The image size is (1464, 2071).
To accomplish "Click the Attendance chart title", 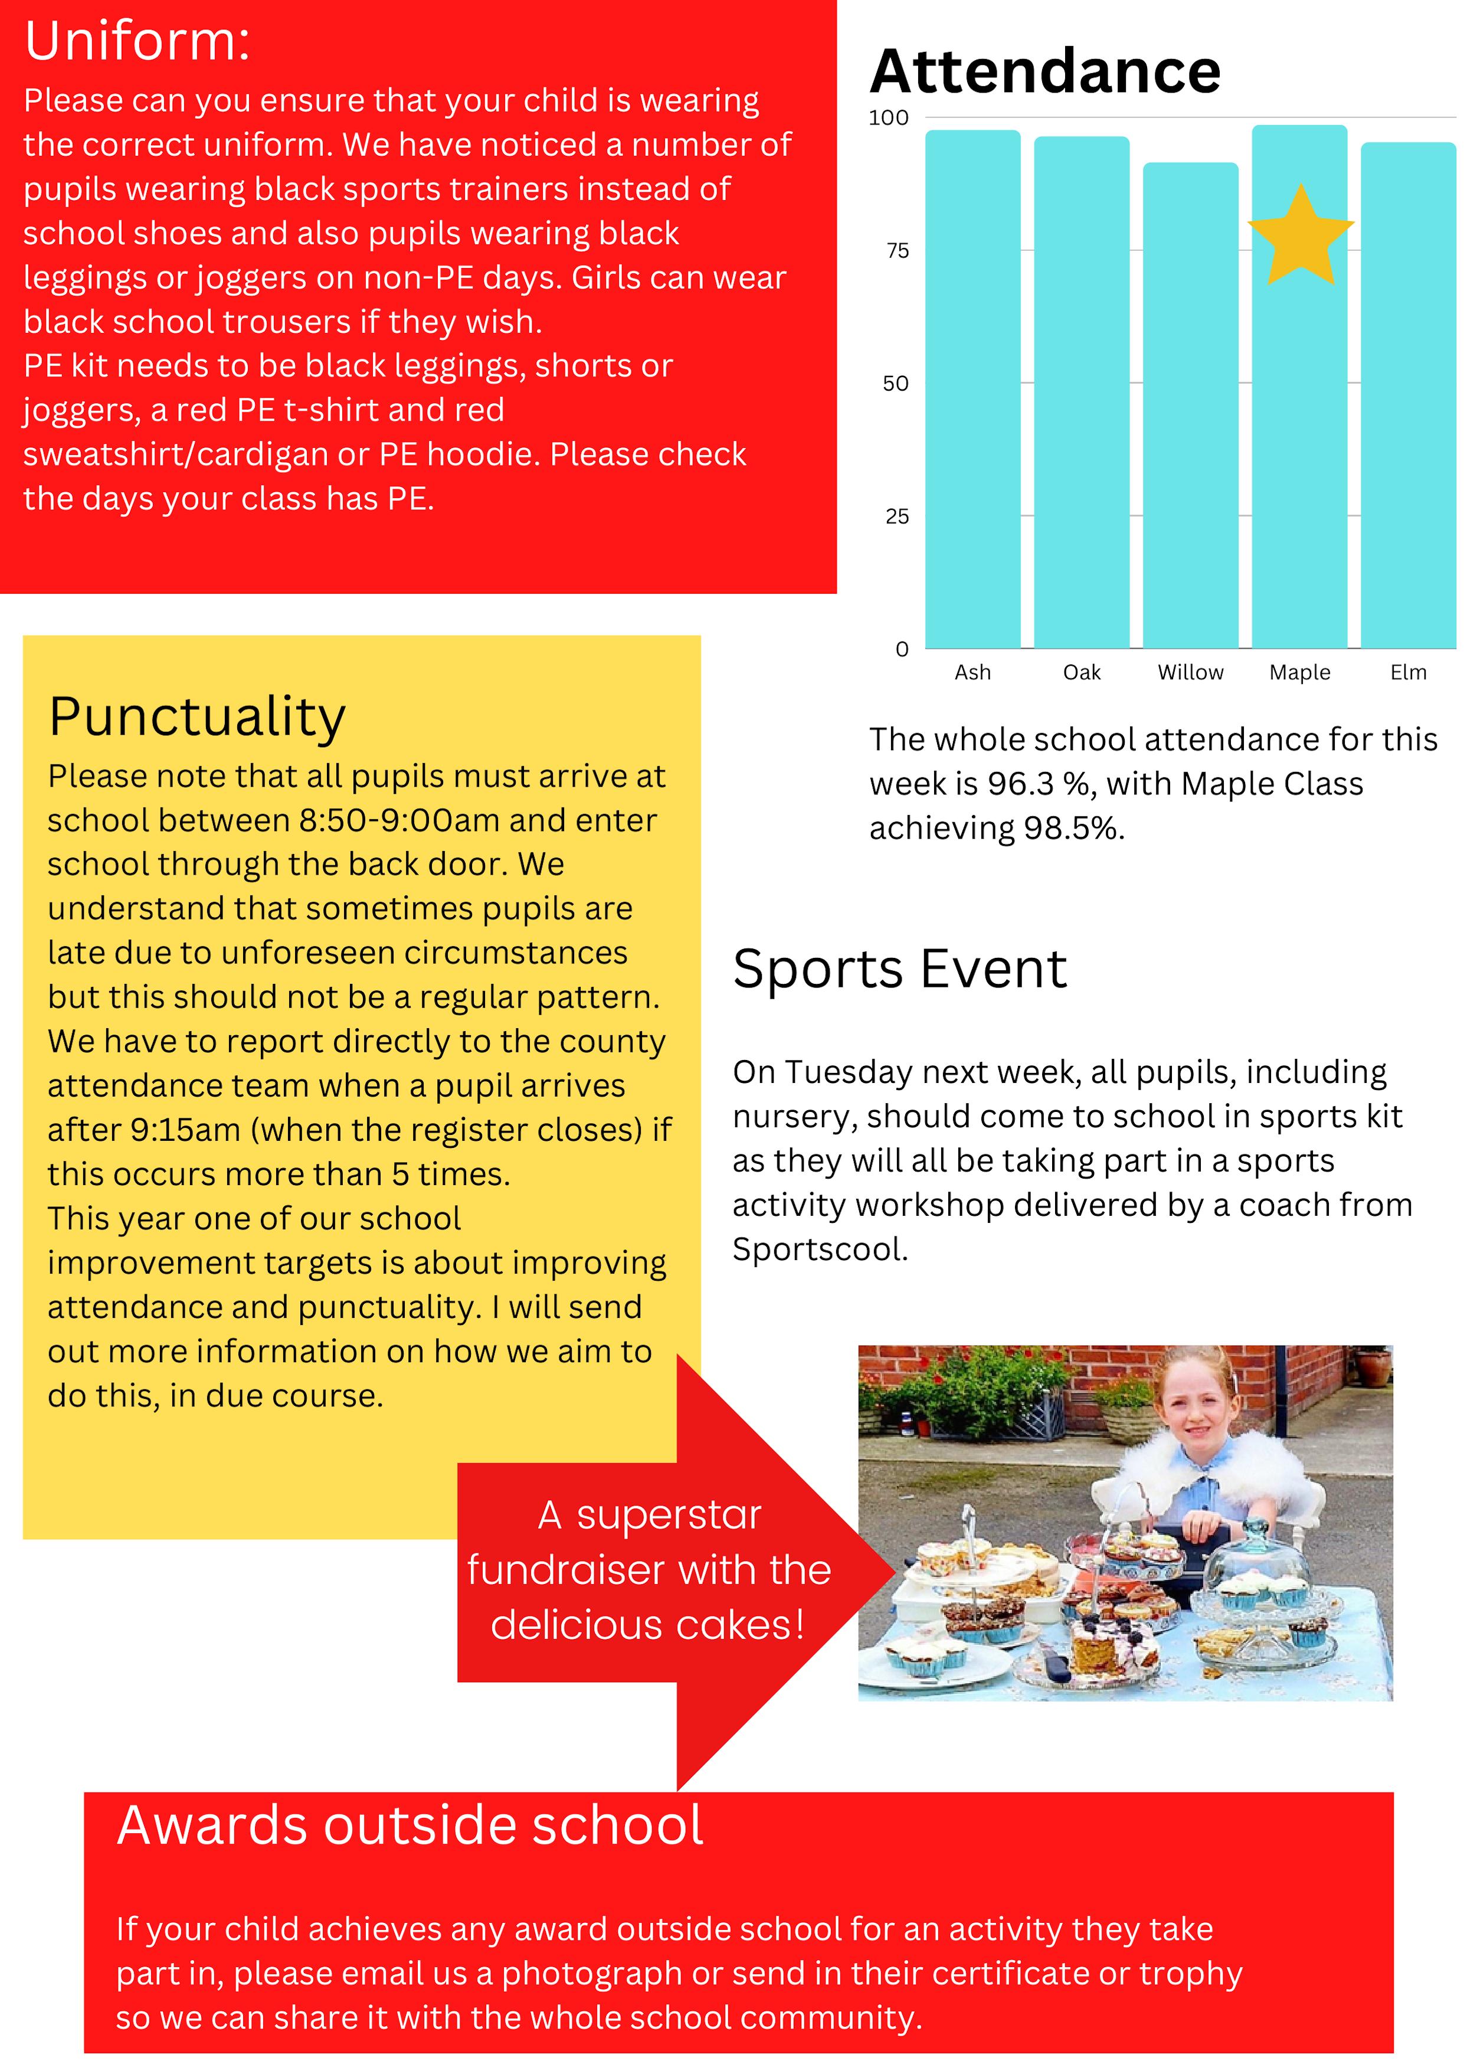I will click(x=1044, y=71).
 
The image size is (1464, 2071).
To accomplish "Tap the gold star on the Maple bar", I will click(x=1300, y=236).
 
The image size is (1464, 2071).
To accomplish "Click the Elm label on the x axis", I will click(x=1408, y=672).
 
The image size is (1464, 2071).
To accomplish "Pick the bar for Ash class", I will click(x=972, y=388).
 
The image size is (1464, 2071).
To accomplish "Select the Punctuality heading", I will click(x=196, y=717).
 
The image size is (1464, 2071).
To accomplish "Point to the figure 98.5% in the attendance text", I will click(x=1073, y=828).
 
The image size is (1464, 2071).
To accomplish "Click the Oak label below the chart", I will click(x=1082, y=672).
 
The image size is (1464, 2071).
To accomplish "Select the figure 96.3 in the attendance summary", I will click(x=1021, y=784).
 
